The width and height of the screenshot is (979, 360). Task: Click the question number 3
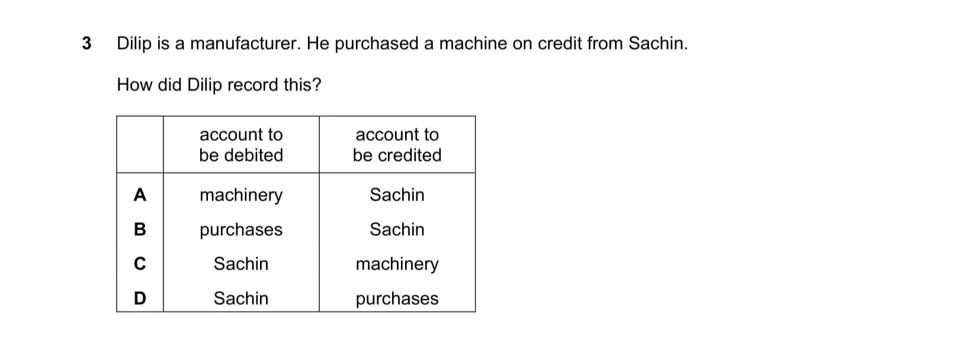86,43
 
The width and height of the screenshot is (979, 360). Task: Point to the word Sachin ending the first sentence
658,43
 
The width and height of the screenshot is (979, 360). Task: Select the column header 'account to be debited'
241,144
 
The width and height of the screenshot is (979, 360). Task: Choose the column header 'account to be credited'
397,144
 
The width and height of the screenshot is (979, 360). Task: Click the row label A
140,194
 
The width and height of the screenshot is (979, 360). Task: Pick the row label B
140,229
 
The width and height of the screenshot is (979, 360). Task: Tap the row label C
140,263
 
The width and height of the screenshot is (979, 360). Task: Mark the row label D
140,298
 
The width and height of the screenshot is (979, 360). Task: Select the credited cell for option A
397,194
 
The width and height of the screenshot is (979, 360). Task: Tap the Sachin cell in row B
397,229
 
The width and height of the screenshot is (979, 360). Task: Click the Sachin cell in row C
241,263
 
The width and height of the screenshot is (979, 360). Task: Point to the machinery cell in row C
397,264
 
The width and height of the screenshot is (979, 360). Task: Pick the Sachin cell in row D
241,298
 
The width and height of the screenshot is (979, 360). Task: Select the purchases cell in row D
397,299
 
